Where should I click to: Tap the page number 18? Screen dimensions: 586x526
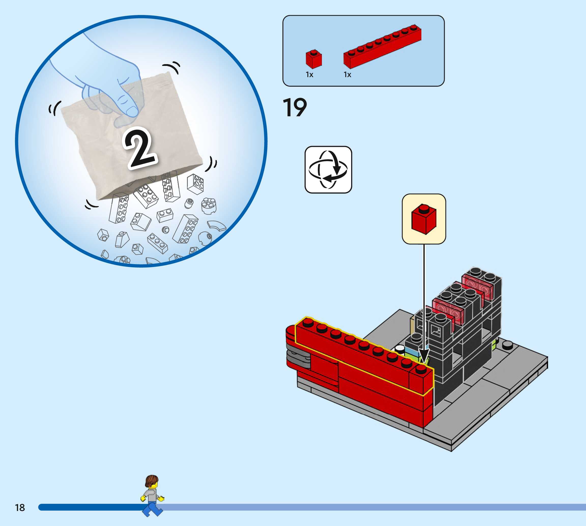(x=20, y=507)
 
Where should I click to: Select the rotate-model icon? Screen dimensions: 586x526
(x=328, y=170)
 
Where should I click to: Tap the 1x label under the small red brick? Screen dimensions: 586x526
(x=309, y=75)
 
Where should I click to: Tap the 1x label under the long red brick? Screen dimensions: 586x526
(x=347, y=75)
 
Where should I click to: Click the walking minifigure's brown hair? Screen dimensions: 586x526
(x=152, y=481)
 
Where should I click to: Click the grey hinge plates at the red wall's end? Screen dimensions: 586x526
(x=298, y=358)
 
